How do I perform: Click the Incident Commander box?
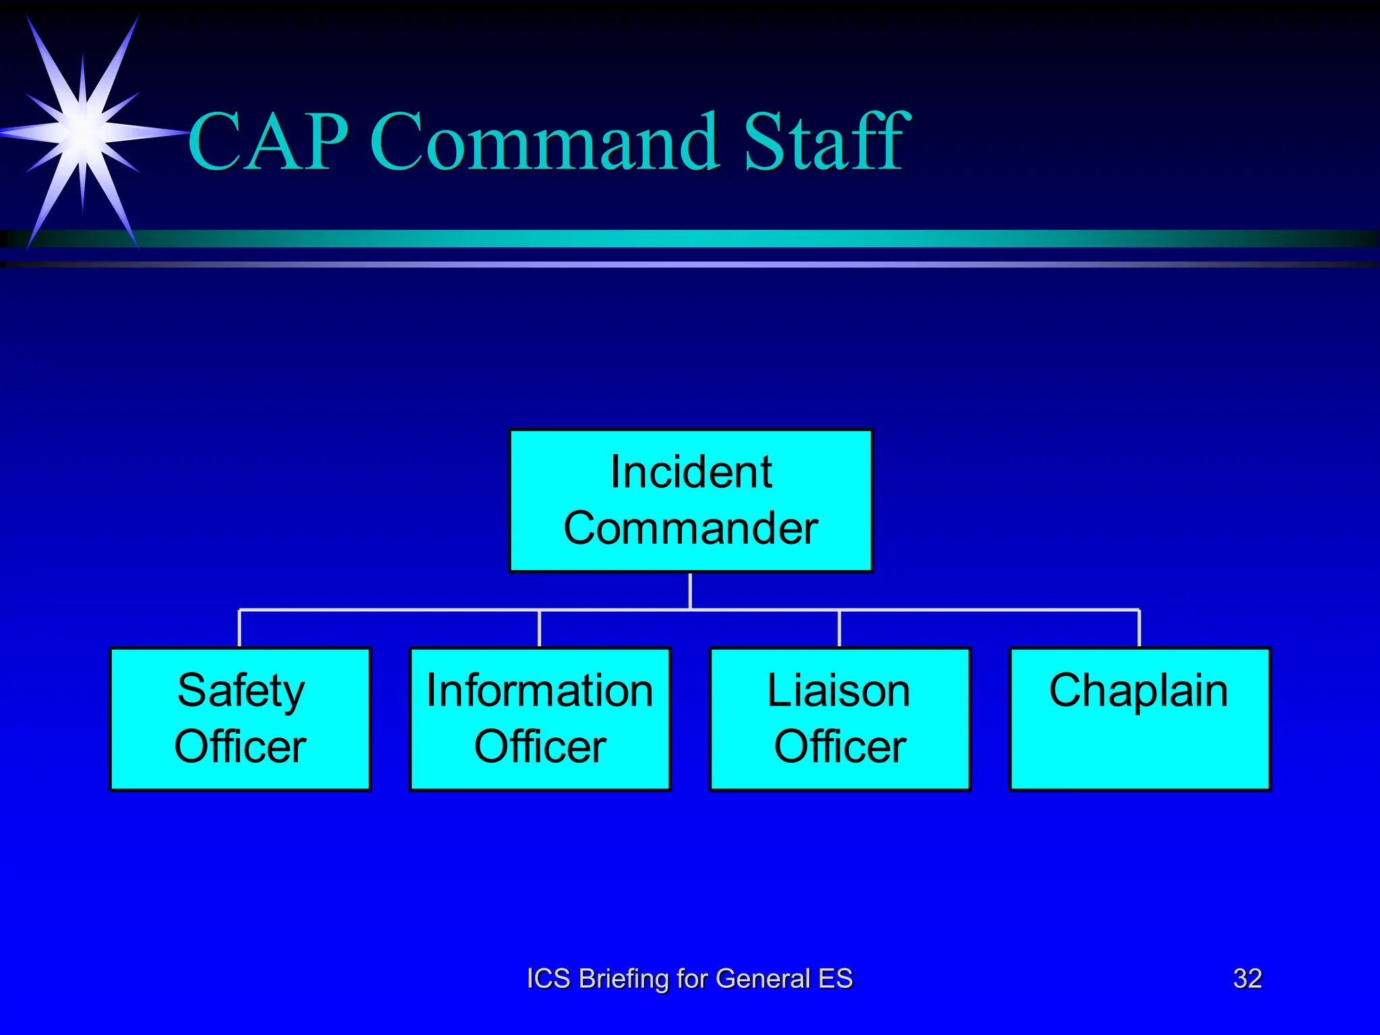(x=691, y=500)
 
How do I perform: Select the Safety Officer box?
(x=240, y=718)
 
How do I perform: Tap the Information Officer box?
(x=540, y=718)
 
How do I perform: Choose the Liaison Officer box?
(x=840, y=718)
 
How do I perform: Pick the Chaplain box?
(x=1139, y=718)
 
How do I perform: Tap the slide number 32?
(x=1247, y=978)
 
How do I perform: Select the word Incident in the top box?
(x=691, y=472)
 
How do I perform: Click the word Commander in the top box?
(x=691, y=528)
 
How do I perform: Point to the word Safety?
(x=241, y=691)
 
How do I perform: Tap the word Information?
(x=540, y=691)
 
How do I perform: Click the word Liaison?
(x=839, y=691)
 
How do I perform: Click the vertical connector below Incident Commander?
(x=691, y=591)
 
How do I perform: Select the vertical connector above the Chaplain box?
(x=1139, y=628)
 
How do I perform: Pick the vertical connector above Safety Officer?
(x=240, y=628)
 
